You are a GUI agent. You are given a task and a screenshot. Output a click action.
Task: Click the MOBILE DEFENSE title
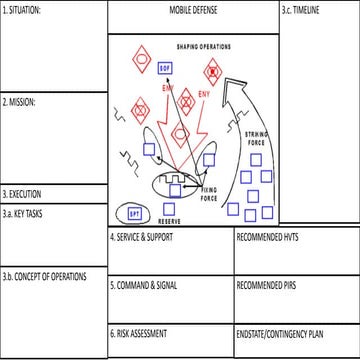tap(192, 9)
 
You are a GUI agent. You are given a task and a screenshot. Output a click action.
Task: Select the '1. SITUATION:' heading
tap(25, 9)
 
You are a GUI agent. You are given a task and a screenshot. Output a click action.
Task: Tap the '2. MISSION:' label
tap(20, 102)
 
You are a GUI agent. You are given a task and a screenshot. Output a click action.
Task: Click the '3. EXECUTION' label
tap(23, 194)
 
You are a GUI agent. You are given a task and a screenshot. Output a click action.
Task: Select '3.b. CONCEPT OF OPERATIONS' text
tap(45, 276)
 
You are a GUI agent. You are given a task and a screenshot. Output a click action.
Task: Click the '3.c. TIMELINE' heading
tap(301, 9)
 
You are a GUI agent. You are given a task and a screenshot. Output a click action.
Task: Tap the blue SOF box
tap(168, 66)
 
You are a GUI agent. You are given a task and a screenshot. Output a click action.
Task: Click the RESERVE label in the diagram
tap(169, 219)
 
